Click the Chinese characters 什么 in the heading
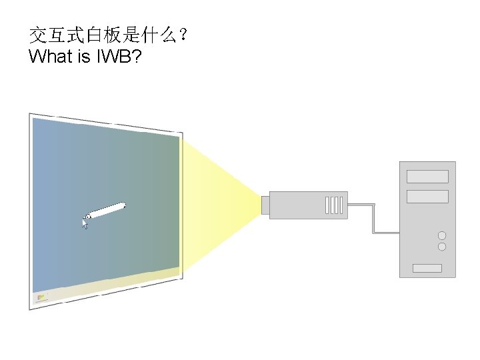pos(154,35)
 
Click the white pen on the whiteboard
pos(107,211)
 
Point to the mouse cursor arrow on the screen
pos(85,223)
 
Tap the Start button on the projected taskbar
pos(41,297)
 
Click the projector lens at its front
pos(265,204)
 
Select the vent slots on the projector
pos(334,204)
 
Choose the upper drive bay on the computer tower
pos(427,176)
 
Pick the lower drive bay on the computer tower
pos(427,196)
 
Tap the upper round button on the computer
pos(441,235)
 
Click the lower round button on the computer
pos(441,247)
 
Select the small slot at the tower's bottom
pos(427,268)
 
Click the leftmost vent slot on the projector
pos(327,204)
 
